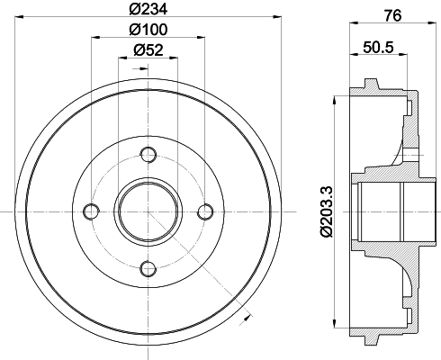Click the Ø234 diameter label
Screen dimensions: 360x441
point(148,11)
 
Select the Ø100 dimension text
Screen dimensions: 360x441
point(148,31)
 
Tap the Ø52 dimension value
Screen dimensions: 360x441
point(148,51)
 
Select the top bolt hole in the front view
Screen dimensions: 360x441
point(148,155)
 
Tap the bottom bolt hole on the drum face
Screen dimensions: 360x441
point(148,267)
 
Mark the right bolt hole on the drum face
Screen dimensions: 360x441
point(205,211)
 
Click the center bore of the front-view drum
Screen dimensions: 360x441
point(148,211)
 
